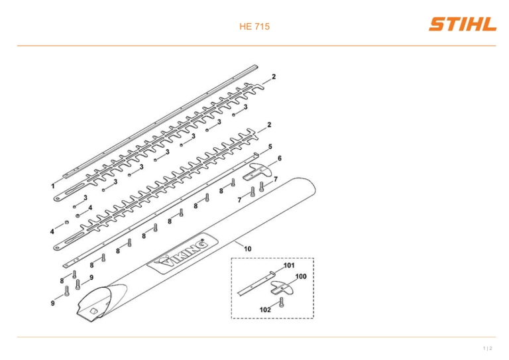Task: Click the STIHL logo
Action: pos(463,25)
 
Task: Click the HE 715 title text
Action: pos(254,27)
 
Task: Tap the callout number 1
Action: pos(53,186)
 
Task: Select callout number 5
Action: pos(270,147)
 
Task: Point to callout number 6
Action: pos(280,158)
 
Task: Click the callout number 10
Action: pos(248,249)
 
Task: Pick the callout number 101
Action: pos(289,266)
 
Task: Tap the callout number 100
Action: pos(301,276)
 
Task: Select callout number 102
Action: pos(265,310)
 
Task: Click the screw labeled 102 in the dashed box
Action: pos(281,302)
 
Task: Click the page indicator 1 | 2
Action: pos(488,348)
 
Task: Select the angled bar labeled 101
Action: pos(256,282)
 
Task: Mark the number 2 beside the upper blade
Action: pos(274,77)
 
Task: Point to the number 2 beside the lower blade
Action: pos(269,125)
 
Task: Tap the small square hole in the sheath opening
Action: pos(93,311)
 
